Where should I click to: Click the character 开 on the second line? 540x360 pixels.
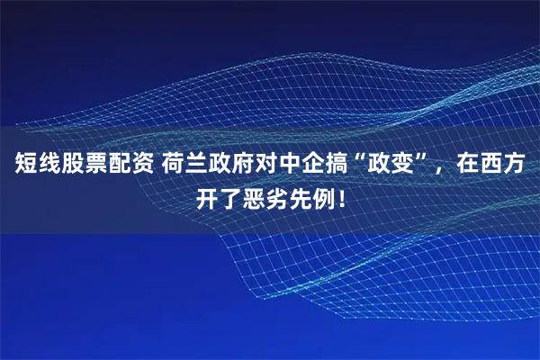coord(208,196)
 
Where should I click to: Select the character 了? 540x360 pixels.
coord(231,196)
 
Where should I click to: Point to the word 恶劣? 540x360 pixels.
coord(266,196)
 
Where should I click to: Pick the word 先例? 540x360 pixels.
coord(313,196)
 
